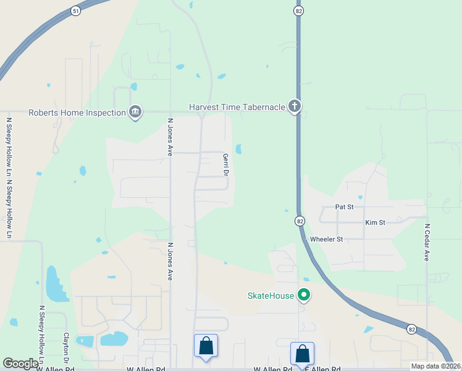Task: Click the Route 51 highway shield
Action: pos(75,11)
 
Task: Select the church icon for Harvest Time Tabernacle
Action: pos(295,107)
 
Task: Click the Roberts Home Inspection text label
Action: pos(77,112)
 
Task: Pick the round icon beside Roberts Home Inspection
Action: pos(135,112)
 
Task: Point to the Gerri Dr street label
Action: pos(225,165)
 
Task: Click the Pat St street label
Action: pos(344,207)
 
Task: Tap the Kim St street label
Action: pos(375,222)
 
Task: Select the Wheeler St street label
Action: pos(326,239)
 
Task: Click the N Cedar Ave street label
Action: pos(426,242)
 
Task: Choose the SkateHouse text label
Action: pos(271,296)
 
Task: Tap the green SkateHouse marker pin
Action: pos(303,295)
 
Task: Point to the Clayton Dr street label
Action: pos(66,349)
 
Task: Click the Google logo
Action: pos(20,364)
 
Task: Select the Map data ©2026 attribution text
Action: pos(435,366)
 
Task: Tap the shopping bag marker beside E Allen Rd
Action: pos(302,354)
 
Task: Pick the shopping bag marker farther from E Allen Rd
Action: pos(206,346)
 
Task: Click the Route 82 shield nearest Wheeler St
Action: pos(300,221)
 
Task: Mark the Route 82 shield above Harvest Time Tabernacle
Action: pos(298,11)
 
